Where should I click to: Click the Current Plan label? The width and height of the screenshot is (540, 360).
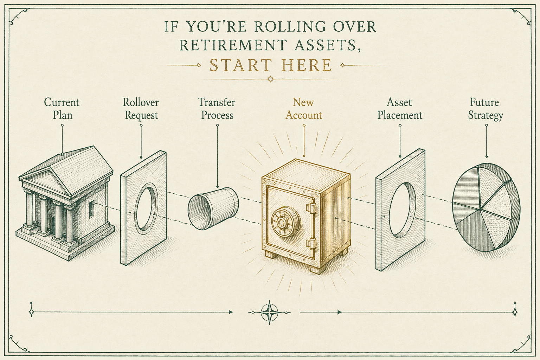coord(62,109)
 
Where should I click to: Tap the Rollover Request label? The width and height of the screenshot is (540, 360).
coord(141,109)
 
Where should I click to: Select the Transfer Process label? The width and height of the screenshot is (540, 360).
coord(217,109)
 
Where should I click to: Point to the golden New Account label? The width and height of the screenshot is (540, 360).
coord(304,109)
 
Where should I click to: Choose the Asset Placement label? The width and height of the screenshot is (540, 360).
coord(400,109)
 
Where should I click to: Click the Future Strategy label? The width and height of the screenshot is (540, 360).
coord(485,109)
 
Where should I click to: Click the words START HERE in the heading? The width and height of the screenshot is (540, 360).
coord(270,65)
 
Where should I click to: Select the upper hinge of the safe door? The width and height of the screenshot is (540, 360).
coord(311,208)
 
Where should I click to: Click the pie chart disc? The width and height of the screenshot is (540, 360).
coord(486,207)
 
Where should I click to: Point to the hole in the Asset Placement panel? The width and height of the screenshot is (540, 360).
coord(401,209)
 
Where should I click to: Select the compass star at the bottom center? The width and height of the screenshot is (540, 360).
coord(270,313)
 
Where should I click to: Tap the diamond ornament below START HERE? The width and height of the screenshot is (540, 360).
coord(270,79)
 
